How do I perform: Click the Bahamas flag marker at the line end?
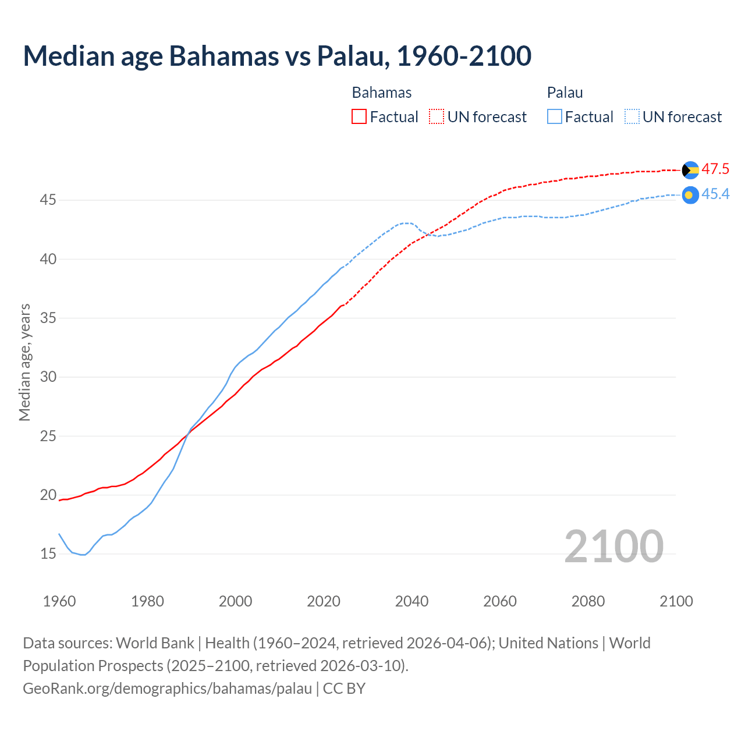tap(690, 170)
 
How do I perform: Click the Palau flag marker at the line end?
tap(690, 195)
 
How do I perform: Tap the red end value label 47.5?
tap(715, 169)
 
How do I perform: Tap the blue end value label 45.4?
tap(715, 194)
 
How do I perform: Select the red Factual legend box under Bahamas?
tap(359, 116)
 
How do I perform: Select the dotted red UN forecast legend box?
tap(437, 116)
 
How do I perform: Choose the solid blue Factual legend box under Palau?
tap(555, 116)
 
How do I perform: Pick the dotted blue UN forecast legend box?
tap(632, 116)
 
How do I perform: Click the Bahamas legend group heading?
tap(382, 93)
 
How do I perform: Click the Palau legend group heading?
tap(565, 93)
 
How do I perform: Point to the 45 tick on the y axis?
tap(48, 200)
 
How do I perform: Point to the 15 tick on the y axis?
tap(48, 554)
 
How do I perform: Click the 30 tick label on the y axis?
tap(48, 377)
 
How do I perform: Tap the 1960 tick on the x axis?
tap(59, 601)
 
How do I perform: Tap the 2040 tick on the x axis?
tap(411, 601)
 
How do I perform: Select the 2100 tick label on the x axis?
tap(676, 601)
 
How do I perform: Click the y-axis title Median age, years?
tap(24, 362)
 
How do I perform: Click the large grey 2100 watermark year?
tap(613, 546)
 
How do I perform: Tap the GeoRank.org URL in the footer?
tap(168, 688)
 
